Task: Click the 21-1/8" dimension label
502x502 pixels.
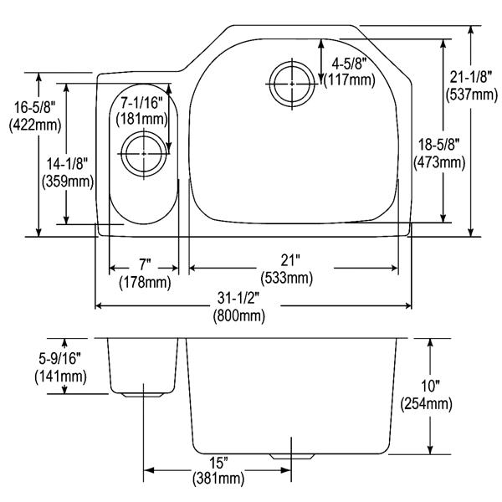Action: [470, 77]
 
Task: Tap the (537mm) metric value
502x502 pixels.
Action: [472, 95]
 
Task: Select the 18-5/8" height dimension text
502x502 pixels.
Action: [439, 145]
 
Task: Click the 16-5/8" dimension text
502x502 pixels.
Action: [34, 107]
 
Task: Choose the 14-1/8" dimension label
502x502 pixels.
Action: [67, 164]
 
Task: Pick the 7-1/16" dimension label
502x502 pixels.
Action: [142, 103]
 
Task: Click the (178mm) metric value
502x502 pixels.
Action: [145, 283]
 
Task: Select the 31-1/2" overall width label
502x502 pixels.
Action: [238, 299]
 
